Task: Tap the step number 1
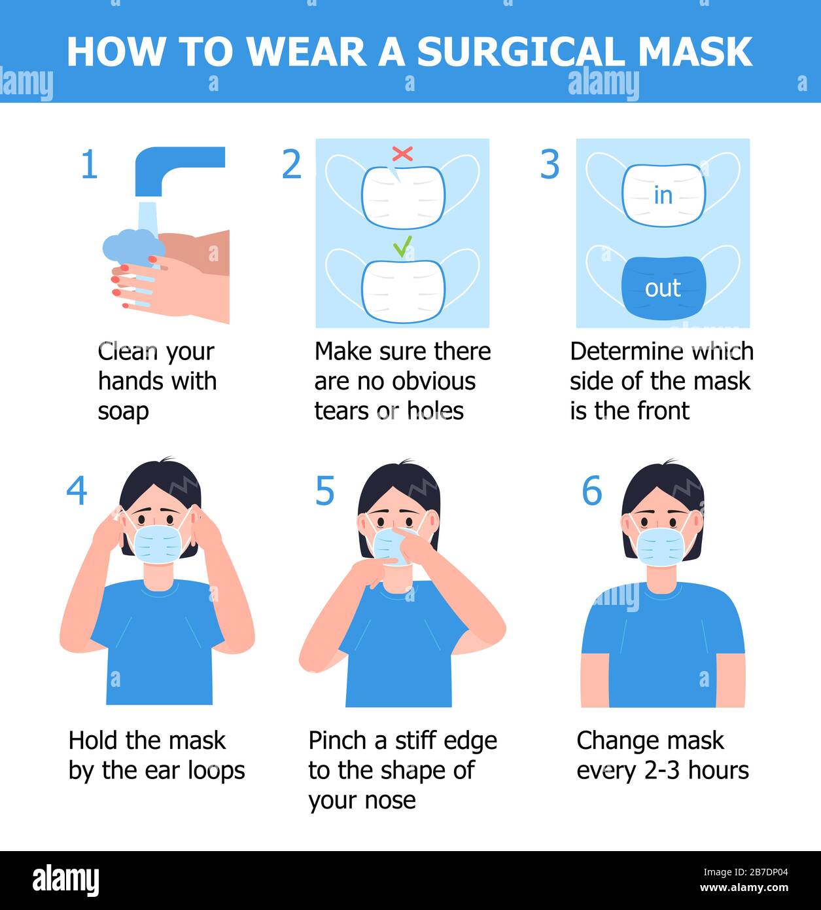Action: click(x=89, y=164)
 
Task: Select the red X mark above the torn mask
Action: click(x=402, y=154)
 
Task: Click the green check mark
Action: click(x=402, y=246)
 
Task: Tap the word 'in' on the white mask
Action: click(x=663, y=196)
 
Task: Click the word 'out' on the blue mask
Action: click(x=663, y=288)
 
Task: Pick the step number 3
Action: click(x=550, y=164)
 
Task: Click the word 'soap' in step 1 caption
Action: click(x=123, y=412)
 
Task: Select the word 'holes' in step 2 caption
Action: click(x=435, y=411)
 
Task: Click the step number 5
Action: click(x=324, y=490)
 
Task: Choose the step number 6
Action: click(x=592, y=490)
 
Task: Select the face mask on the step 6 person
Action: click(x=661, y=547)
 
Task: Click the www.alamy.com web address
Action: click(x=744, y=887)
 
